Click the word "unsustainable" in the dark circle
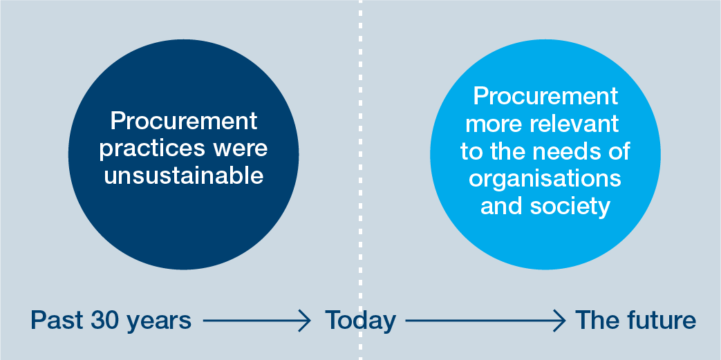coord(183,176)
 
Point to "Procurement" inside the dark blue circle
coord(183,121)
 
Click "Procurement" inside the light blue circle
coord(545,96)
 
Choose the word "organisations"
coord(545,179)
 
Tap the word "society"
coord(570,207)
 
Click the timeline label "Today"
coord(360,321)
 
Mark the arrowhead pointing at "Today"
coord(306,321)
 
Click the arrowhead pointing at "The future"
coord(559,321)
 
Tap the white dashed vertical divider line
coord(361,180)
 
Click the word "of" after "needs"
coord(617,152)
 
